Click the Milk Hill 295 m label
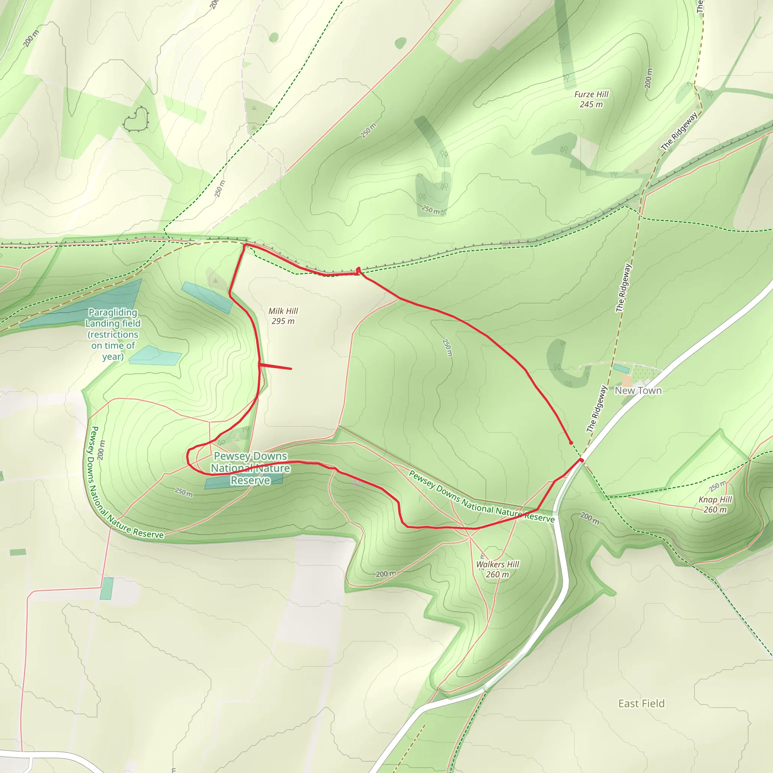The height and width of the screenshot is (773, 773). click(283, 316)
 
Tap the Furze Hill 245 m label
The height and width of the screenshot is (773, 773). click(591, 99)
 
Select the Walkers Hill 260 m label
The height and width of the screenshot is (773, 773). click(497, 569)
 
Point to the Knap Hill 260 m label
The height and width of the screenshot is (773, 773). click(715, 504)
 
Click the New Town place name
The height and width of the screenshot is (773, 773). click(638, 391)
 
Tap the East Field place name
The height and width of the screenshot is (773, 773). click(641, 704)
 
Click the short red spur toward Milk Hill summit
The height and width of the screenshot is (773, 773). click(276, 366)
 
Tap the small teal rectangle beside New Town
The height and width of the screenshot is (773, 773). click(621, 368)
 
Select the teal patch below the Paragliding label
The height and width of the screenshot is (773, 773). click(155, 356)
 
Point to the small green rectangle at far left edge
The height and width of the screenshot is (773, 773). click(18, 552)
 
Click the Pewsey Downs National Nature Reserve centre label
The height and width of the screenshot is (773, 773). click(250, 468)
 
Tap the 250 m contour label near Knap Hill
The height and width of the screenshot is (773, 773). click(718, 487)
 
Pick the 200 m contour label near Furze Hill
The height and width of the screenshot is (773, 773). click(648, 78)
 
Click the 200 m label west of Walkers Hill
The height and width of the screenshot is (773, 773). click(386, 574)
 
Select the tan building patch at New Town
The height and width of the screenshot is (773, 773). click(625, 380)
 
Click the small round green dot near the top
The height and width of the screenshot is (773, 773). click(274, 38)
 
